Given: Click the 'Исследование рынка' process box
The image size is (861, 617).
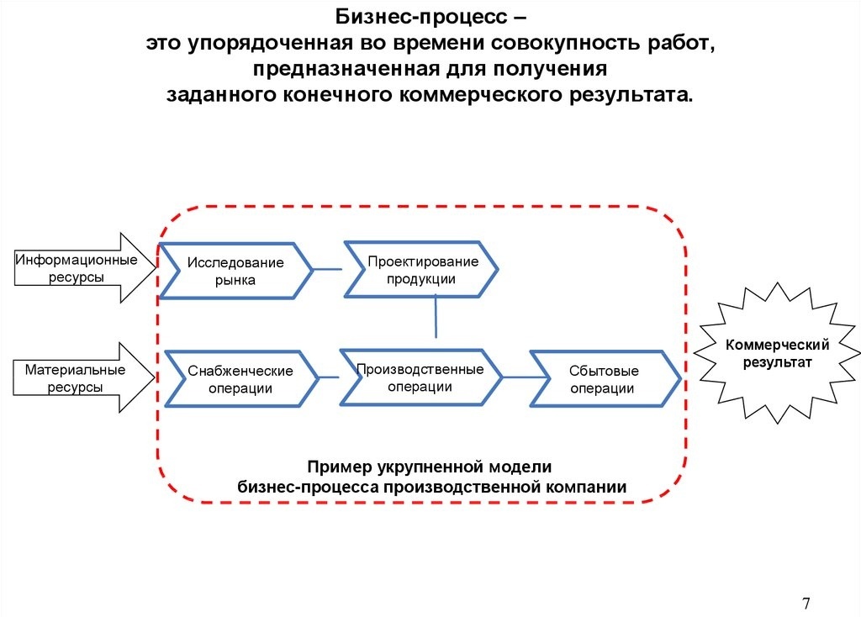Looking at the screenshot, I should click(x=235, y=272).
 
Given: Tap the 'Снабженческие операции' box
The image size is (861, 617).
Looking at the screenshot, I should click(x=240, y=379).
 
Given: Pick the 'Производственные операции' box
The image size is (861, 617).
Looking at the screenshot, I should click(x=420, y=377).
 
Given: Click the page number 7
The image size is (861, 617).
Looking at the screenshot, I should click(x=806, y=604).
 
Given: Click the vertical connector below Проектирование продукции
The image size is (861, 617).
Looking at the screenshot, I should click(x=436, y=317).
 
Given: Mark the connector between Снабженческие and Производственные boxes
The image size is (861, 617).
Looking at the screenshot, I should click(x=330, y=377).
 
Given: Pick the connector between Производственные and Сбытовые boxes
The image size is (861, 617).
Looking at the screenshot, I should click(x=515, y=377).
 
